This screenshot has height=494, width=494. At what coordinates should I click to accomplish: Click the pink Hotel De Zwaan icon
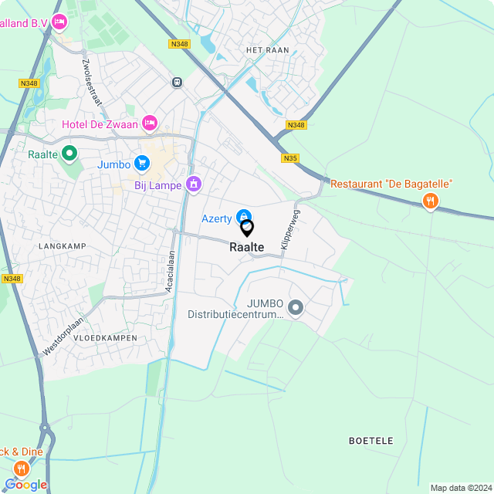pos(150,123)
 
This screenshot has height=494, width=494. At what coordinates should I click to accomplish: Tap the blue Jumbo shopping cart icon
pos(141,163)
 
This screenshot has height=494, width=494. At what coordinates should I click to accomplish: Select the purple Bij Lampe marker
pos(193,184)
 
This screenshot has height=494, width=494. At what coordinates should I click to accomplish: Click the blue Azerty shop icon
pos(243,218)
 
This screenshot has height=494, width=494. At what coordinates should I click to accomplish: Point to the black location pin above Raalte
pos(247,228)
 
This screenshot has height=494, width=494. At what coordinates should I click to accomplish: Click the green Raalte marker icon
pos(69,154)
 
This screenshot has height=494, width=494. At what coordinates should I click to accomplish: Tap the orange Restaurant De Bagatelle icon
pos(431,201)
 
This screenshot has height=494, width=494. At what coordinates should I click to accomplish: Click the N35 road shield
pos(290,158)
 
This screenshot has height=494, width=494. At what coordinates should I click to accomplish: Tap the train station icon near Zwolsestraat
pos(178,82)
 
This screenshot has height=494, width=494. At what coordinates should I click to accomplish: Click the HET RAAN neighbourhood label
pos(266,50)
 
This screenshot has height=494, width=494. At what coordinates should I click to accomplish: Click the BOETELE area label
pos(370,441)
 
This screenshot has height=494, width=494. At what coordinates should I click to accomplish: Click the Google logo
pos(25,485)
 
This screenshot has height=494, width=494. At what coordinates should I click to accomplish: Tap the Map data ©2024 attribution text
pos(460,488)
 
